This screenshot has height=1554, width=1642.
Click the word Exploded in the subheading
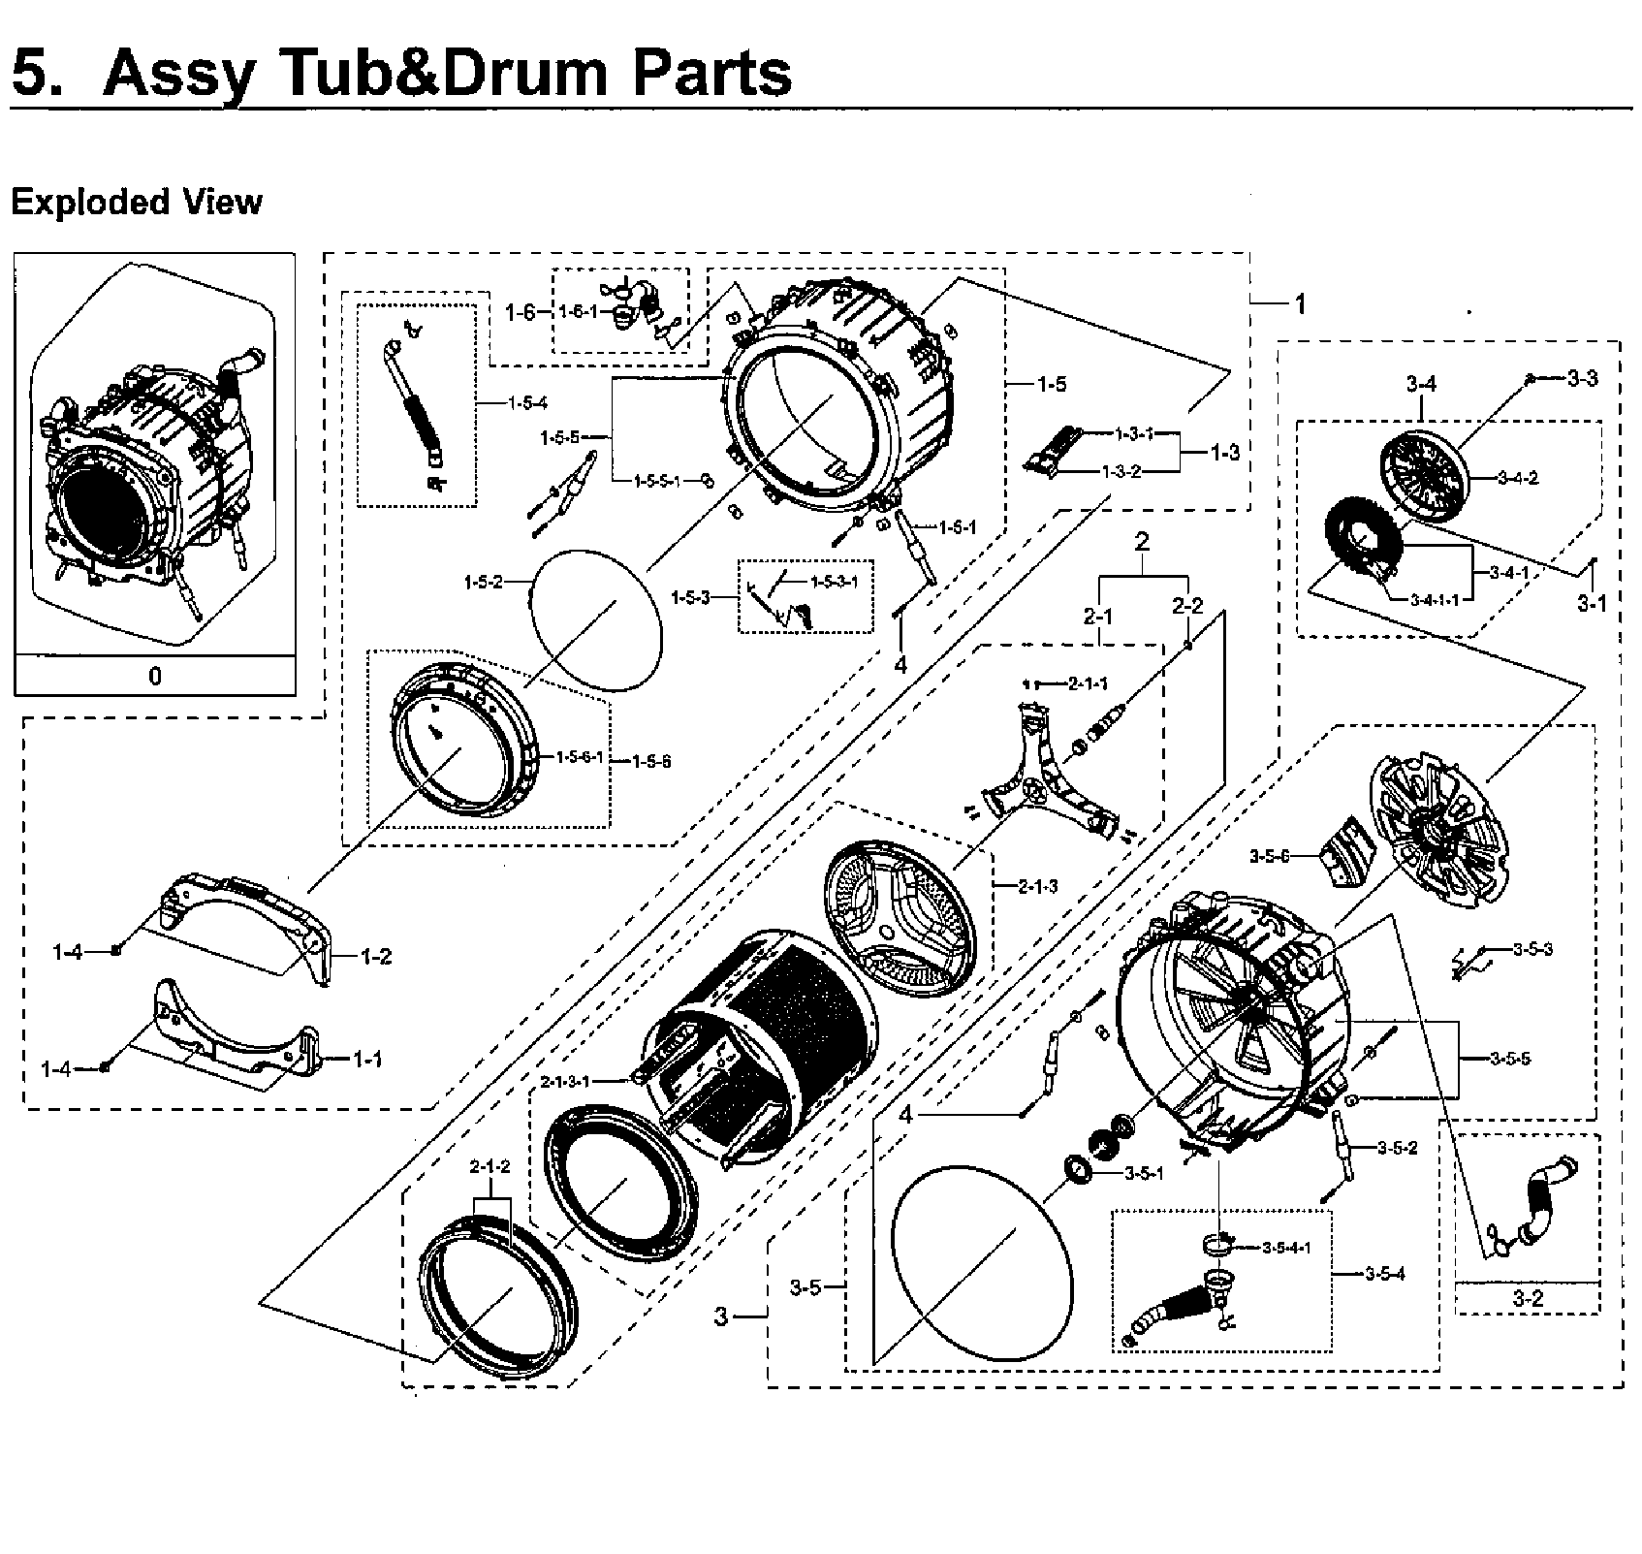click(x=79, y=202)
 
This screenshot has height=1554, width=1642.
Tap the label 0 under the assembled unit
click(x=155, y=676)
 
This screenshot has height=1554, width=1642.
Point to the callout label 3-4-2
click(x=1518, y=477)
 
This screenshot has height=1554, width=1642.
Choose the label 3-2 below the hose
click(x=1528, y=1298)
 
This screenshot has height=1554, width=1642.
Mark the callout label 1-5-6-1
click(x=580, y=756)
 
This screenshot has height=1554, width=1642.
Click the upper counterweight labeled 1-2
click(x=252, y=916)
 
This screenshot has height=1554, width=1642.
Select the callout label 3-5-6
click(x=1270, y=856)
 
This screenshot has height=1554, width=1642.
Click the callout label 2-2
click(x=1187, y=606)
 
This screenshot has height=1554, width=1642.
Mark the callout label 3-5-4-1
click(x=1286, y=1247)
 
